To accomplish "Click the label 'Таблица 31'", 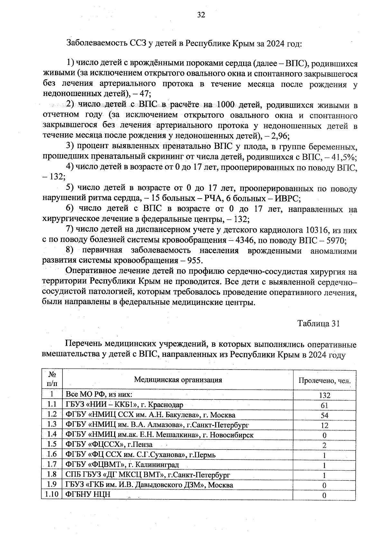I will [318, 324].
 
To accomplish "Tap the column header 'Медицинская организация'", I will [178, 380].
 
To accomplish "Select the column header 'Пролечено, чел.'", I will [324, 381].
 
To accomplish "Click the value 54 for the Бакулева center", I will [324, 415].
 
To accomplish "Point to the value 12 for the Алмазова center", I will [324, 425].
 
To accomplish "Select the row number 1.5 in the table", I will [52, 444].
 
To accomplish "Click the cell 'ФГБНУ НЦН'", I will [87, 495].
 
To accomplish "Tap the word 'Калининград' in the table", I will [157, 465].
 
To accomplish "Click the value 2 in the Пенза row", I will [324, 445].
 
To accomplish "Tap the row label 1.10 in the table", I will [52, 494].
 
